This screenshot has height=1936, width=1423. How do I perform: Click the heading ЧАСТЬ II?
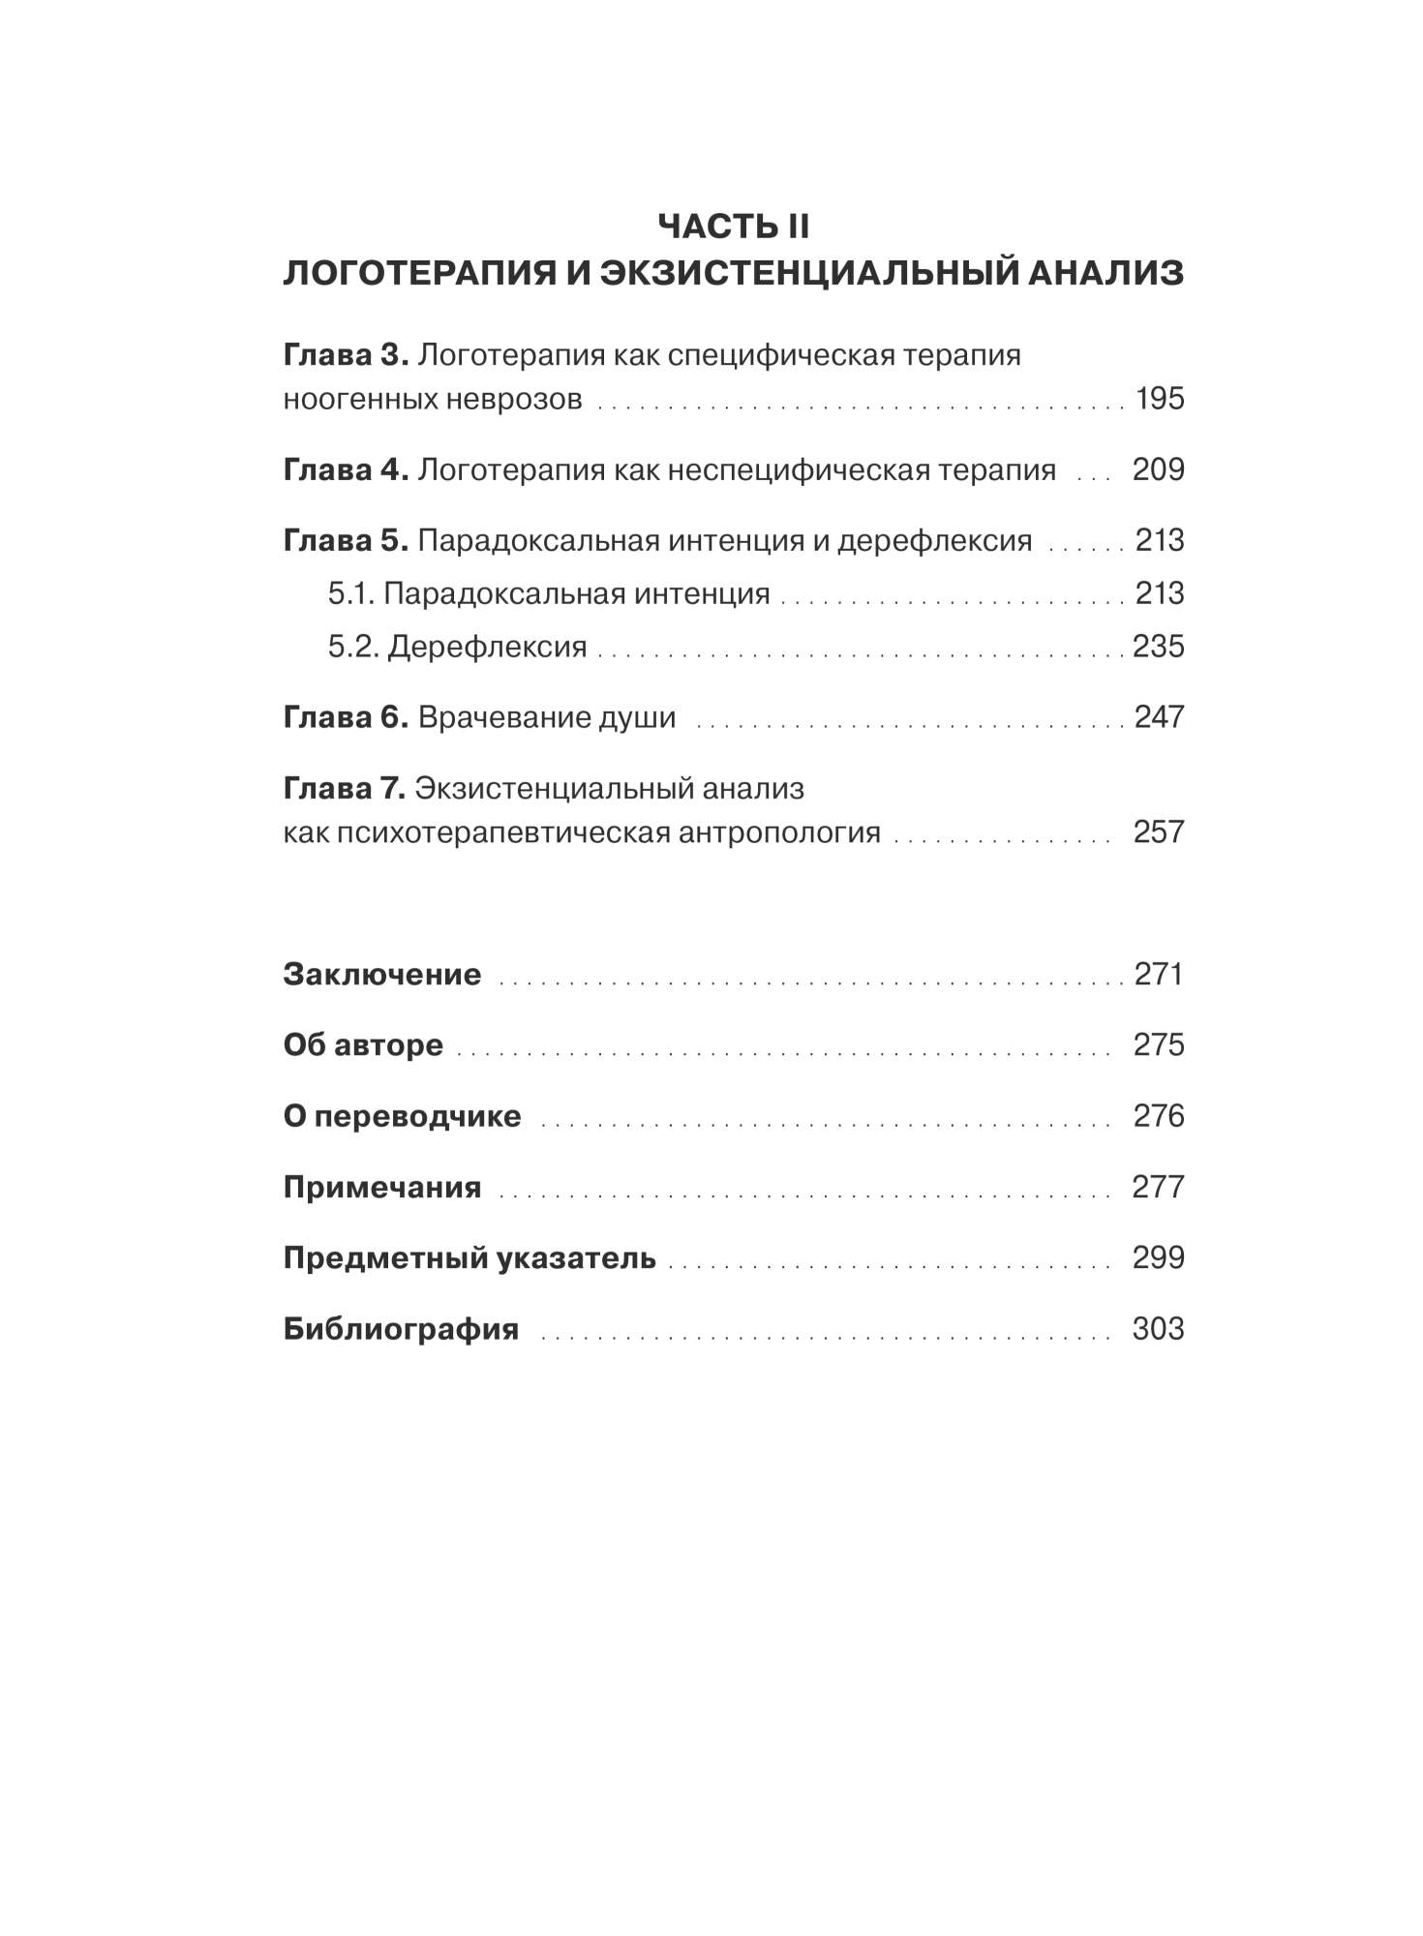click(x=733, y=227)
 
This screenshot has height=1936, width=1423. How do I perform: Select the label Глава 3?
click(x=346, y=355)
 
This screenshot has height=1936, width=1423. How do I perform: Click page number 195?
click(x=1159, y=399)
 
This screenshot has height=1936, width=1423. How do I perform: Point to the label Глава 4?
click(x=346, y=470)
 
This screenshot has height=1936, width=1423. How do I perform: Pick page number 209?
click(x=1158, y=470)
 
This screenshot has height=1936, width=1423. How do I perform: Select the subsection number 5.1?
click(x=350, y=593)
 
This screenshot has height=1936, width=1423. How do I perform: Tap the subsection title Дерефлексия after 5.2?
click(x=487, y=647)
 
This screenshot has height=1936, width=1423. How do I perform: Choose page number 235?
click(x=1158, y=647)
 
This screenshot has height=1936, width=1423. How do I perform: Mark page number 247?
click(x=1159, y=717)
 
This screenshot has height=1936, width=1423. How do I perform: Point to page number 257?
click(x=1159, y=832)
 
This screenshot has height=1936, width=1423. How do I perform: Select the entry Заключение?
click(x=381, y=974)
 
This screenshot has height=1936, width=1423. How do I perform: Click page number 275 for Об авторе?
click(x=1159, y=1045)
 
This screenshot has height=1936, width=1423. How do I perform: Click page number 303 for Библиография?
click(x=1158, y=1329)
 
